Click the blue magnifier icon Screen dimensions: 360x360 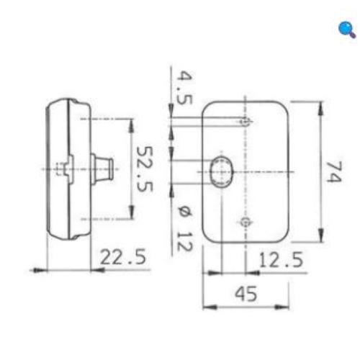tap(346, 30)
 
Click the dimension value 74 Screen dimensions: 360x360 tap(332, 172)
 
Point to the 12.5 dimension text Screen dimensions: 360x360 tap(279, 260)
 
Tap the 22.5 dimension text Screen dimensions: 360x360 tap(122, 257)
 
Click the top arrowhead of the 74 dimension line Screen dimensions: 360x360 tap(317, 105)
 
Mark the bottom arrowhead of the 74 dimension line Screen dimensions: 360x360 tap(317, 240)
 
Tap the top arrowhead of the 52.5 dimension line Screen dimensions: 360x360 tap(130, 122)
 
